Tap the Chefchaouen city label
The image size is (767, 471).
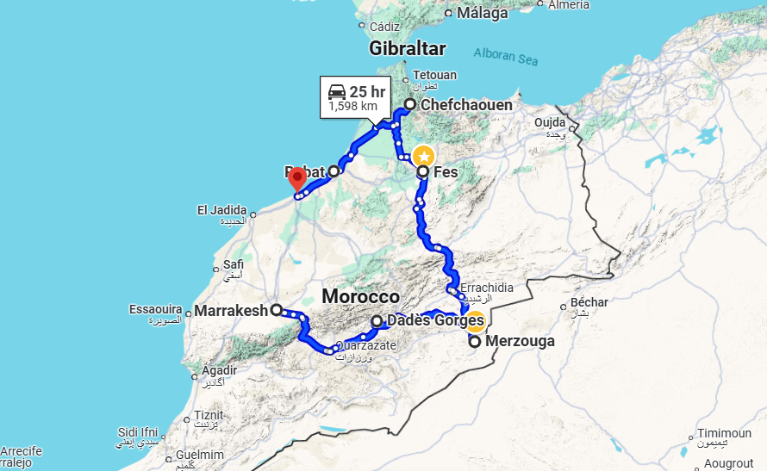pos(466,105)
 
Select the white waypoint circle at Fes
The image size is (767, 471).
pos(423,172)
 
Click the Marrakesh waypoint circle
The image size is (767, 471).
pos(276,310)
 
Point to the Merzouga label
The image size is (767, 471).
pos(521,342)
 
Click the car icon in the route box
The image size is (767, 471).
pos(337,91)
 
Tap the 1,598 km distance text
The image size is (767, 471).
pos(352,107)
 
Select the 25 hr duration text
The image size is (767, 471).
pos(367,91)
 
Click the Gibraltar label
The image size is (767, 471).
pos(407,48)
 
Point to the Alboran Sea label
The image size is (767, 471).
pos(507,57)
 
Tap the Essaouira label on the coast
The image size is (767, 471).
pos(155,309)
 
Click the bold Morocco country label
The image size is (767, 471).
pos(360,297)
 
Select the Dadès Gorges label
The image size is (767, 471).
pos(435,321)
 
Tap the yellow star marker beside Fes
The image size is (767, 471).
pos(423,157)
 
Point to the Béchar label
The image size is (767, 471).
pos(589,302)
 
